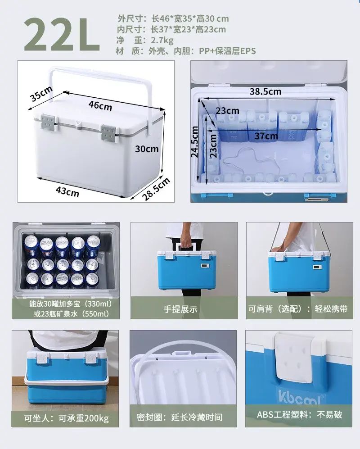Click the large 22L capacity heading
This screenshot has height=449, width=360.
coord(62,35)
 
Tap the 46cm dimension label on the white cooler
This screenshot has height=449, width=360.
coord(100,105)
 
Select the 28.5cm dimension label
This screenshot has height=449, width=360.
coord(156,189)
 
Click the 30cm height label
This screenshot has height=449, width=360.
coord(147,149)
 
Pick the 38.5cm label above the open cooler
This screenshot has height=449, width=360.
coord(265,91)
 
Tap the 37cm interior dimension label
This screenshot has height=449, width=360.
coord(266,136)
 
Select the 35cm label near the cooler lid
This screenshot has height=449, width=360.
coord(41,93)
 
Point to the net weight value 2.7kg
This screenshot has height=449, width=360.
coord(162,41)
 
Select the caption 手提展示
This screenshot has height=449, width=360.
coord(180,309)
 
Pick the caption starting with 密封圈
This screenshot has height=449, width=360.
coord(180,417)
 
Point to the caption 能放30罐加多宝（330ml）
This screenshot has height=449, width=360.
coord(71,304)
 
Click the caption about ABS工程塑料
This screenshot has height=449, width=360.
coord(299,414)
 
